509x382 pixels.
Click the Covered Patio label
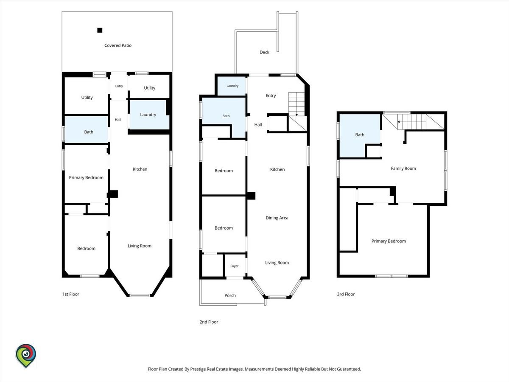tap(118, 45)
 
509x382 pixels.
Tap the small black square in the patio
tap(100, 30)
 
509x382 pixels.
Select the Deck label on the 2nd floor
tap(264, 52)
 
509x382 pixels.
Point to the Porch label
tap(230, 295)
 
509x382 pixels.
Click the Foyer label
tap(234, 266)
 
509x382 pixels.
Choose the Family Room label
tap(403, 169)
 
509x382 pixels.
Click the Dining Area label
tap(277, 218)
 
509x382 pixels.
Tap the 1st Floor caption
tap(71, 294)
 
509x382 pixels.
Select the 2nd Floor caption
tap(209, 322)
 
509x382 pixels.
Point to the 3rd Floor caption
tap(346, 294)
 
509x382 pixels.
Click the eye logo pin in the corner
tap(26, 356)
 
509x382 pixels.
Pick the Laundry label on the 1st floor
tap(148, 115)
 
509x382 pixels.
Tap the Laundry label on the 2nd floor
tap(232, 86)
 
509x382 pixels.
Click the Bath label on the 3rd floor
tap(360, 135)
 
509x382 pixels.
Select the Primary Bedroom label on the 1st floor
tap(86, 178)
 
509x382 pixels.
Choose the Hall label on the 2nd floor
tap(258, 125)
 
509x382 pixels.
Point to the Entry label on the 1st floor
tap(119, 86)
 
